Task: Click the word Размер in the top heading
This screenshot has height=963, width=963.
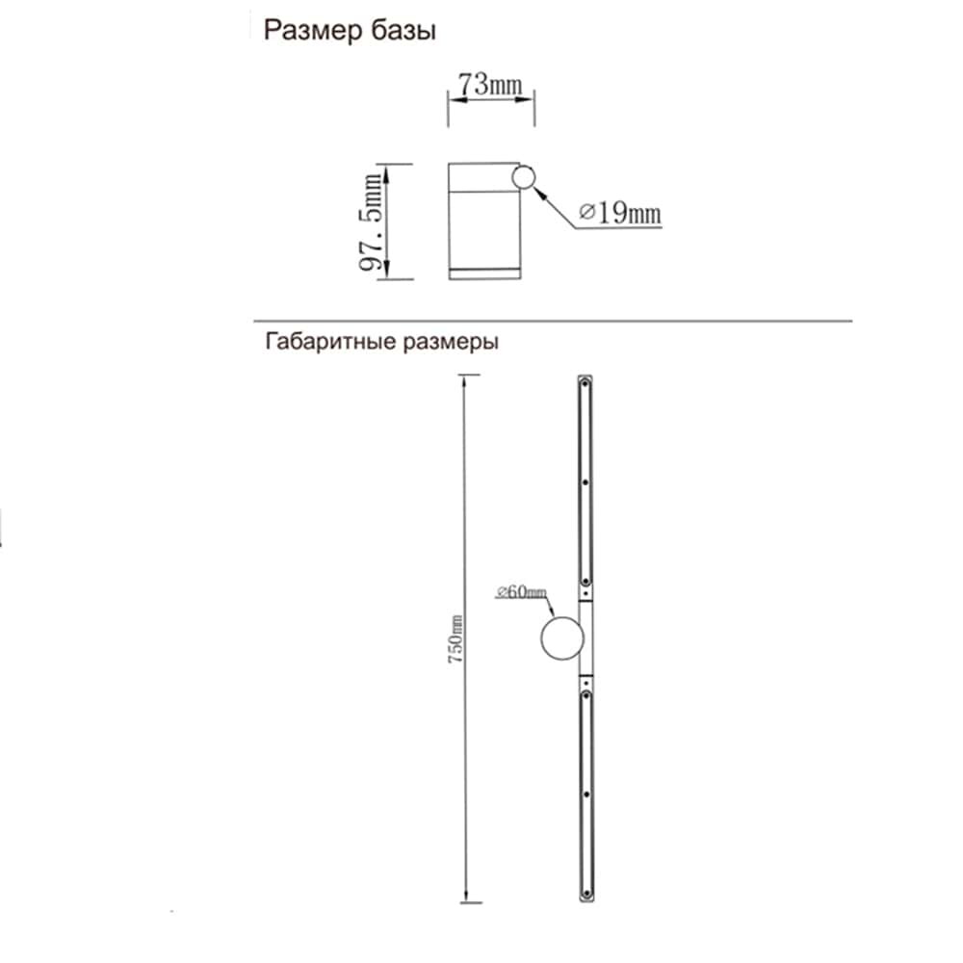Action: pyautogui.click(x=307, y=32)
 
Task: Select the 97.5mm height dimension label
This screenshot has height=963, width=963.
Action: pyautogui.click(x=372, y=221)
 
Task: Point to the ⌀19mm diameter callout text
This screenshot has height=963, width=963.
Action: pyautogui.click(x=621, y=213)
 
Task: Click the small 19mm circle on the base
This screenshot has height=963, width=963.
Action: pyautogui.click(x=524, y=177)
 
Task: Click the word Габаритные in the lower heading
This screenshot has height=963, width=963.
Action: pyautogui.click(x=325, y=342)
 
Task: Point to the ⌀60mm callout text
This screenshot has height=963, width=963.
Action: pyautogui.click(x=521, y=591)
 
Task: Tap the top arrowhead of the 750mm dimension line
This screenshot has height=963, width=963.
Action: pyautogui.click(x=465, y=381)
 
